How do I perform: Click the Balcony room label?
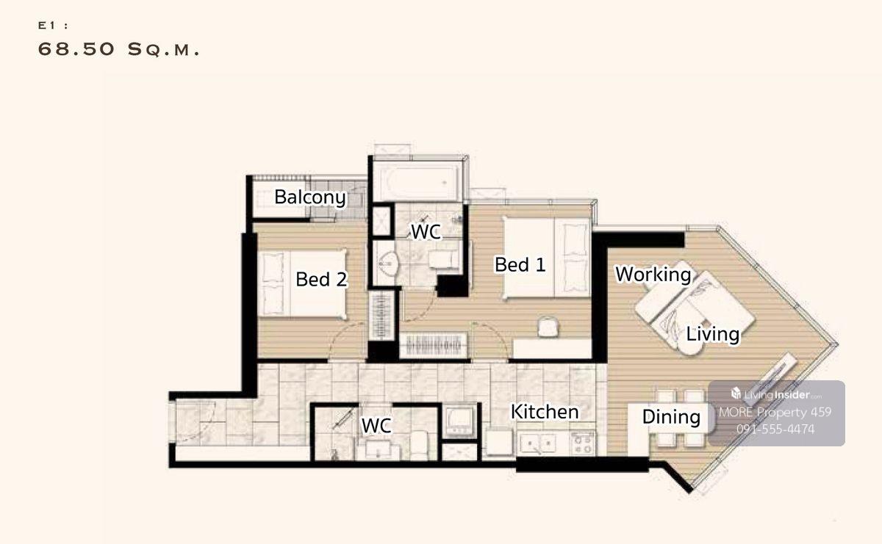pos(310,197)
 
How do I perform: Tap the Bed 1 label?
pos(520,264)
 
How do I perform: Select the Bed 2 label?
pos(321,279)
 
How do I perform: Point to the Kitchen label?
pos(545,412)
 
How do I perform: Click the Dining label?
pos(671,417)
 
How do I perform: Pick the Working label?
pos(653,274)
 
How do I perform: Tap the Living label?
pos(713,334)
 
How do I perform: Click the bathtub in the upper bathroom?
pos(418,183)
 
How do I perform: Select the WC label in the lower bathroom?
pos(376,425)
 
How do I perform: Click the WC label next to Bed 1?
pos(426,232)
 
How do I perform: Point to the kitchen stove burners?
pos(582,444)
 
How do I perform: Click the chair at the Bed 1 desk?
pos(548,327)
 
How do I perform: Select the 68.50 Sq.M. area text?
pos(118,50)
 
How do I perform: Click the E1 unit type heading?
pos(53,26)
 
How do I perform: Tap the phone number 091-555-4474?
pos(775,429)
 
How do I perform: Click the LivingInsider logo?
pos(776,394)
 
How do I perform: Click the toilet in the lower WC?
pos(419,445)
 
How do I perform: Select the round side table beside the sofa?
pos(690,344)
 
